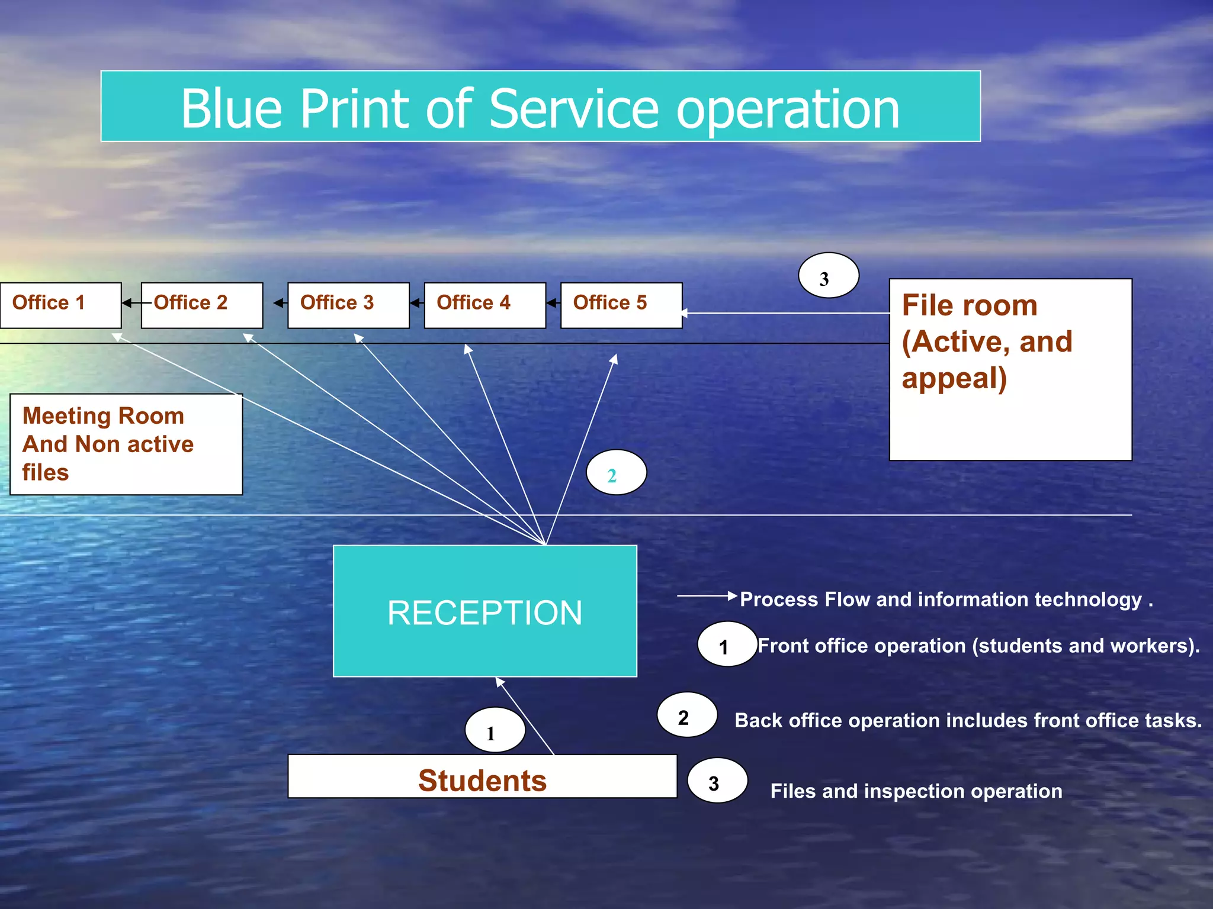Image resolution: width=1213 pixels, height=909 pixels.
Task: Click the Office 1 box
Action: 60,305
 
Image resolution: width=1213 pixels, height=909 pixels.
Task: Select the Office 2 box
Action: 202,305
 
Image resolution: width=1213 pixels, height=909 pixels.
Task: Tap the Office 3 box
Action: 348,305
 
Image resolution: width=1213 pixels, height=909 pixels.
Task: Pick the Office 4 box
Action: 484,305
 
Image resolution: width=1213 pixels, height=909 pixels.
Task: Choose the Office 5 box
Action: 621,305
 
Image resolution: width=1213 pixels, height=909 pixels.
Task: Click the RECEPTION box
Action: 484,611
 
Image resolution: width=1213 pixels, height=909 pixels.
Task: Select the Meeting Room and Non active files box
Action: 126,444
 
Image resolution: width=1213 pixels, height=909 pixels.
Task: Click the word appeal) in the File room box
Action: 954,379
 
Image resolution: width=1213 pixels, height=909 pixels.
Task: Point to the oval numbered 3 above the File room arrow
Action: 828,276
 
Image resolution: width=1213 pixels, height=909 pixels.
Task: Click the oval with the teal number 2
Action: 616,473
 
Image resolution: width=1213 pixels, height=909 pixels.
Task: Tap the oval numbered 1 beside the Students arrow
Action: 495,730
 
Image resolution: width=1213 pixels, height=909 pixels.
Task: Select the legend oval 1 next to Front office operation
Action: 727,644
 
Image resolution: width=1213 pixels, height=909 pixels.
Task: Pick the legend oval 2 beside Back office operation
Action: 686,715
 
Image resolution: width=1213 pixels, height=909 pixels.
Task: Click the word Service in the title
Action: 573,109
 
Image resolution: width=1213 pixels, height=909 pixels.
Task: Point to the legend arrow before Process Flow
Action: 706,596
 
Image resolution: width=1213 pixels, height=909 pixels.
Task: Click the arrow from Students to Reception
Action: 525,717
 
